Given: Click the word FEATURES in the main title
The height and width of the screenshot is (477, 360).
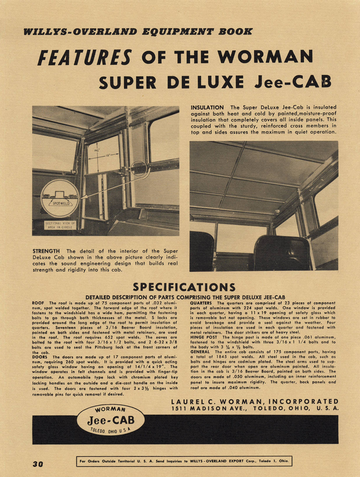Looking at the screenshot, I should click(85, 58).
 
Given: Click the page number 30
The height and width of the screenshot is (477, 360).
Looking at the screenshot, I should click(38, 463).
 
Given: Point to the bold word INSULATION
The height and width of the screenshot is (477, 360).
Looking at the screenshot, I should click(207, 108).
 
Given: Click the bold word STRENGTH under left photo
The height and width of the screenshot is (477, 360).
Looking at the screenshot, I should click(48, 251).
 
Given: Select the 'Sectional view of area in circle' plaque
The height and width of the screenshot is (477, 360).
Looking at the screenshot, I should click(60, 225).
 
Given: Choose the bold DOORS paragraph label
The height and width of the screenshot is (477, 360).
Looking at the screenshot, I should click(41, 357).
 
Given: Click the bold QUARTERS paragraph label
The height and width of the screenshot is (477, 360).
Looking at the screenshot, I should click(202, 303).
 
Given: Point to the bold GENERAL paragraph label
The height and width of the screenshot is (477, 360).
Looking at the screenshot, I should click(200, 352).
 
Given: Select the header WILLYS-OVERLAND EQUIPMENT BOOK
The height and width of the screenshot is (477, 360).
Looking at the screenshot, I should click(138, 32).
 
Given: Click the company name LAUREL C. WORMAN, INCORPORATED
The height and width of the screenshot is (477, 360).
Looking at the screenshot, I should click(255, 401).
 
